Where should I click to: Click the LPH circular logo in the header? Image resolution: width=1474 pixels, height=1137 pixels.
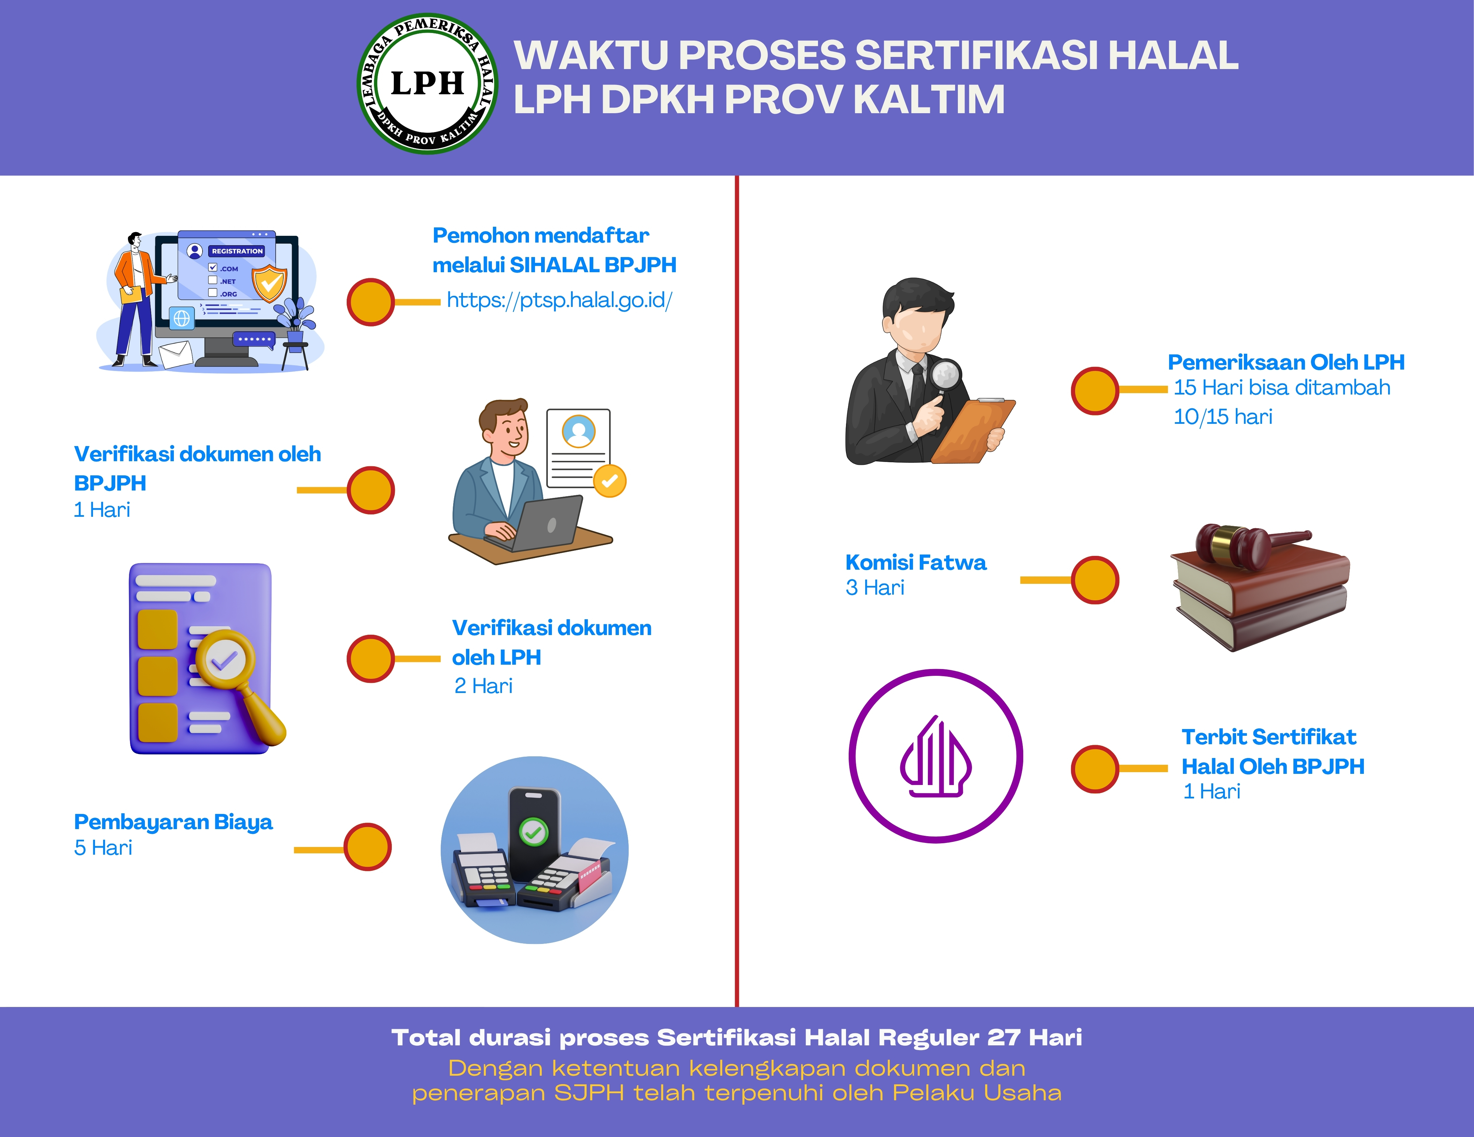tap(427, 84)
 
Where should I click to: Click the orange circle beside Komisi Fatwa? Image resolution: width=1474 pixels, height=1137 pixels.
tap(1095, 580)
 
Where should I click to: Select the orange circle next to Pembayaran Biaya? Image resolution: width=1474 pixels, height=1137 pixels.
tap(368, 847)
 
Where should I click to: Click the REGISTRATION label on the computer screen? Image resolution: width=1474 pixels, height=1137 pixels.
tap(237, 251)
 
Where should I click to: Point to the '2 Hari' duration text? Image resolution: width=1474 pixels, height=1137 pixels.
tap(483, 686)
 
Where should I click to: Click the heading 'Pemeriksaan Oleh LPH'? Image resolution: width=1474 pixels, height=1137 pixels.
tap(1286, 362)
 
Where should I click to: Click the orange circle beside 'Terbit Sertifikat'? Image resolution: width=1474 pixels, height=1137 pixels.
tap(1095, 768)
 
